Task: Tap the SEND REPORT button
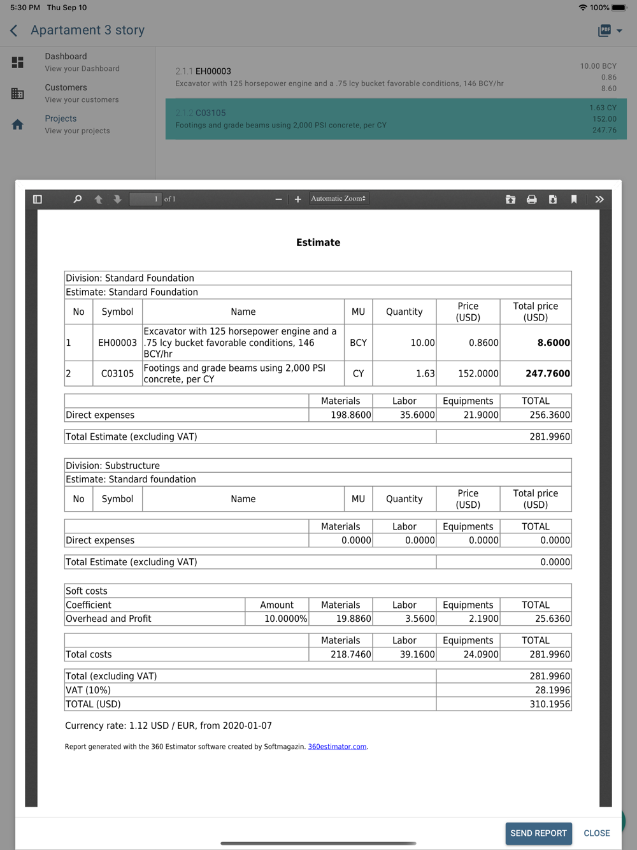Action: click(x=538, y=833)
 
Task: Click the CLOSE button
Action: click(x=596, y=833)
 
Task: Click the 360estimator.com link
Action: click(x=337, y=747)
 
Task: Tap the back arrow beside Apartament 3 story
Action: click(x=14, y=31)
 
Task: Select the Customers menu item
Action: click(x=66, y=88)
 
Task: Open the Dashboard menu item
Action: click(x=66, y=57)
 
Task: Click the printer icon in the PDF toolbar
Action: click(x=531, y=199)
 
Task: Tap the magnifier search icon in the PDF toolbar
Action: click(x=78, y=199)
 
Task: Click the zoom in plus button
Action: click(x=297, y=199)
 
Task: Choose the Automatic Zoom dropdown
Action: click(x=338, y=199)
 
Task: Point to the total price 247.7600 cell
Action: click(x=547, y=373)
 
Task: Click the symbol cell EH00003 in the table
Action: click(x=117, y=343)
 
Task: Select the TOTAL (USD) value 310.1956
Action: click(x=550, y=704)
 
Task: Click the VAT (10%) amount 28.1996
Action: click(x=552, y=690)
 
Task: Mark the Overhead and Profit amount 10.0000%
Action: click(x=285, y=619)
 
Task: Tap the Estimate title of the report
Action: click(x=318, y=243)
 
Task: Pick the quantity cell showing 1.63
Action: click(x=425, y=373)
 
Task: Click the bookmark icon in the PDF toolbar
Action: click(x=574, y=199)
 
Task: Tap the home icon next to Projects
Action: click(x=18, y=125)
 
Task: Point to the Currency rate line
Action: click(x=168, y=726)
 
